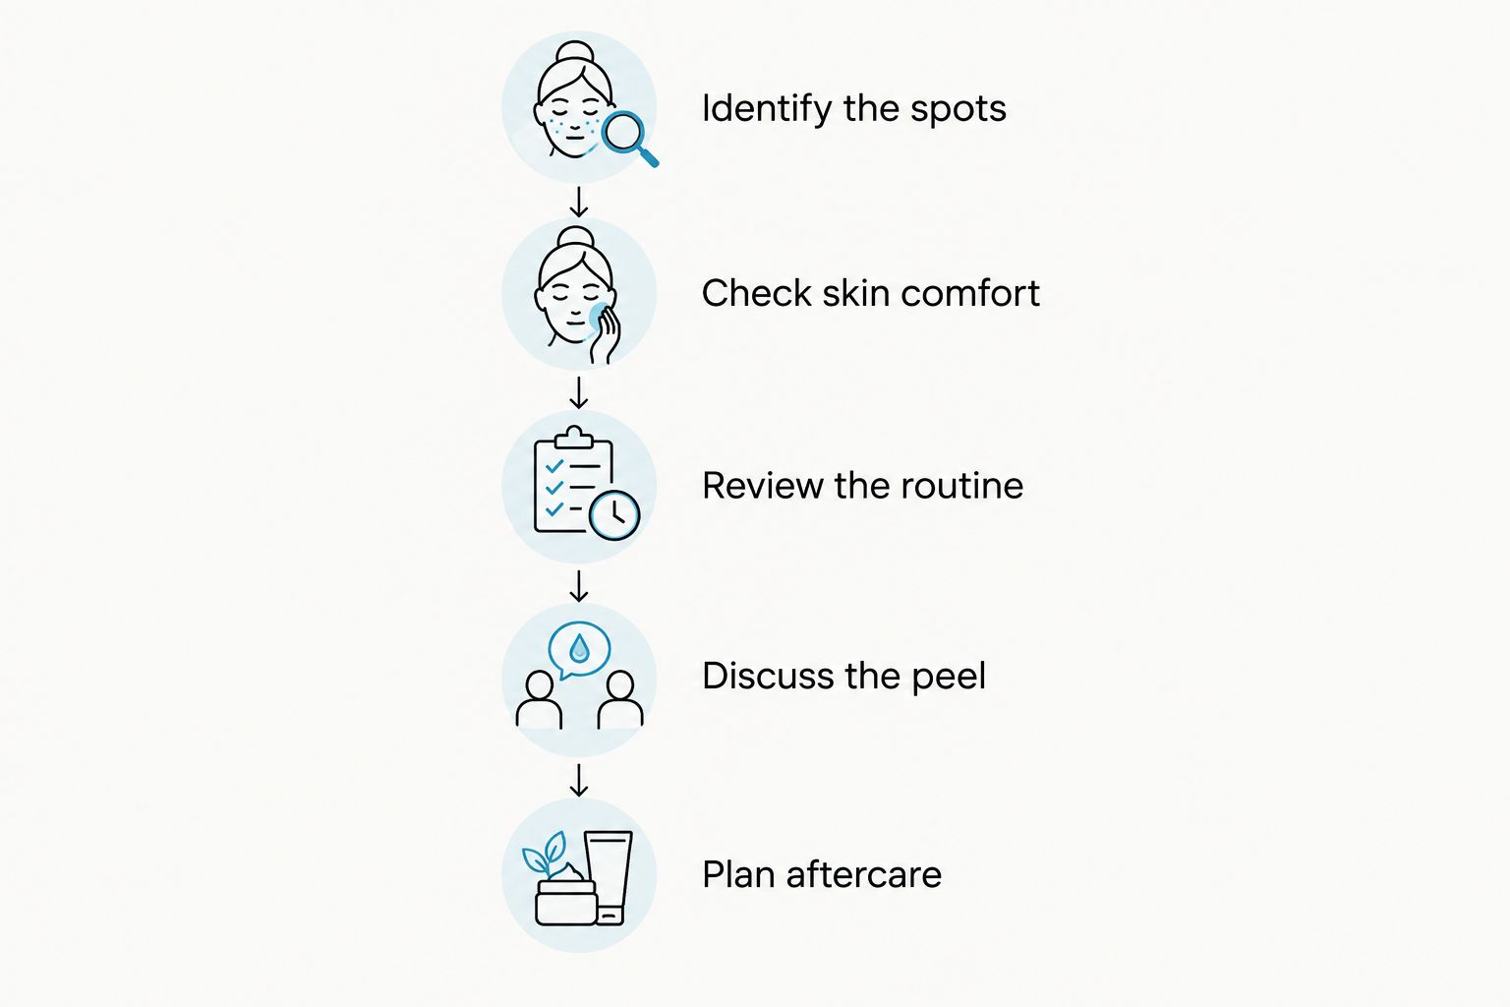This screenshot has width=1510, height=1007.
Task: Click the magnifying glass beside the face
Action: (628, 137)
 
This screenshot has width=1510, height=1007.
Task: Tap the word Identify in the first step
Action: (767, 108)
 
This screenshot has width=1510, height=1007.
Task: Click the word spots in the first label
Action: (958, 110)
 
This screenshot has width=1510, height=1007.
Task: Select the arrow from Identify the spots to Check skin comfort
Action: (578, 202)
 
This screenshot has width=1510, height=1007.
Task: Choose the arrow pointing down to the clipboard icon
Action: (578, 392)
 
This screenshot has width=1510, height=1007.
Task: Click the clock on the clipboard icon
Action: (614, 515)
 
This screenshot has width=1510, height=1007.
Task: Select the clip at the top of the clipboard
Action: (574, 437)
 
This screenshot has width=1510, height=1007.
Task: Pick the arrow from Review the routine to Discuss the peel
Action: (578, 585)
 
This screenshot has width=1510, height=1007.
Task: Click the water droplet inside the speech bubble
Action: (579, 649)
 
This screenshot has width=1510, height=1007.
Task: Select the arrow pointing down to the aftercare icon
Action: (578, 780)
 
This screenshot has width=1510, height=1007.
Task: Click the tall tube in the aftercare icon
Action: (609, 877)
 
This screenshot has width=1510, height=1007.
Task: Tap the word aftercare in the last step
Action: (863, 875)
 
